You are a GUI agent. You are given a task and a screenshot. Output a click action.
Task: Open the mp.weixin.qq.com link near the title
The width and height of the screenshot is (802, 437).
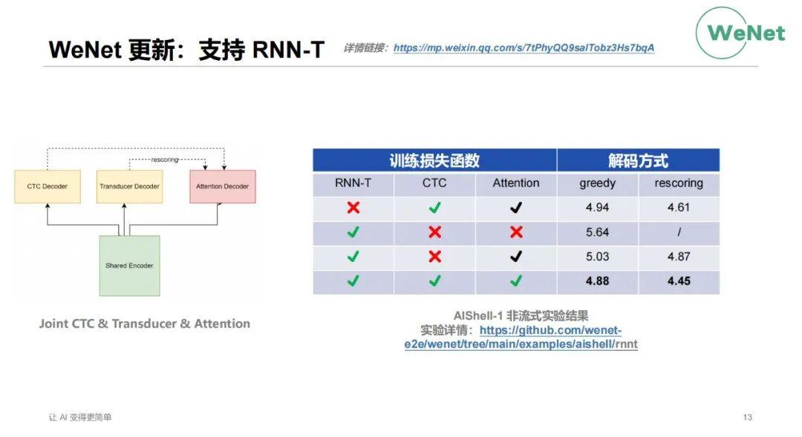pyautogui.click(x=524, y=48)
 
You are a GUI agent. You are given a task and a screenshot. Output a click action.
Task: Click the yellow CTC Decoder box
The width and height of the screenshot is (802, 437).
pyautogui.click(x=47, y=186)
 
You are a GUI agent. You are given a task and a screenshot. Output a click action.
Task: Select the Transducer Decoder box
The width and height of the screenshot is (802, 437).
pyautogui.click(x=129, y=186)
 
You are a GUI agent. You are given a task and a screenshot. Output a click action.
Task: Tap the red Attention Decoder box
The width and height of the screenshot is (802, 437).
pyautogui.click(x=222, y=186)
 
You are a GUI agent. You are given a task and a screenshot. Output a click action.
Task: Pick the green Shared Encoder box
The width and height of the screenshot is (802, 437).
pyautogui.click(x=129, y=265)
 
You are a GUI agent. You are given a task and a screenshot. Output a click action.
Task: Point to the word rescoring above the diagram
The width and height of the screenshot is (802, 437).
pyautogui.click(x=164, y=160)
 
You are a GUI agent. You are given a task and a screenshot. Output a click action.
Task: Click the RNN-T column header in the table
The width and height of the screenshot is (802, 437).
pyautogui.click(x=353, y=183)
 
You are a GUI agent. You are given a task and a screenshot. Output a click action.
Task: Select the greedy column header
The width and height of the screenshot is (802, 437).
pyautogui.click(x=597, y=183)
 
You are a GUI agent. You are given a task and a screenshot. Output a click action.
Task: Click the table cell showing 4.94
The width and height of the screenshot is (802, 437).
pyautogui.click(x=597, y=208)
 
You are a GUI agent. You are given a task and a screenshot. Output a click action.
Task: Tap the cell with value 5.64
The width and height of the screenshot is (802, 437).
pyautogui.click(x=597, y=232)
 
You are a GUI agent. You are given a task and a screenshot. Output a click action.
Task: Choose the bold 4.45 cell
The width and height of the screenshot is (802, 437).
pyautogui.click(x=679, y=281)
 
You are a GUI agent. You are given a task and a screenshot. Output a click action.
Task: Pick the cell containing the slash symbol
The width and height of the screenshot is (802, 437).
pyautogui.click(x=679, y=232)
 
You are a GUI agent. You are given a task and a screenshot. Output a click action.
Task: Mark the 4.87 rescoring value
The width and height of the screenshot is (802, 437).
pyautogui.click(x=679, y=257)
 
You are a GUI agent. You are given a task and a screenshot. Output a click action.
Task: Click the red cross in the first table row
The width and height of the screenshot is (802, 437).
pyautogui.click(x=353, y=208)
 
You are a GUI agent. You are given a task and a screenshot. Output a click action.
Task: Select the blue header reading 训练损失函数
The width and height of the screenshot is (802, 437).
pyautogui.click(x=434, y=160)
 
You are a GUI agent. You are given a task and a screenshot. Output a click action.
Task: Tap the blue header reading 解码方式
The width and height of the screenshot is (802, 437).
pyautogui.click(x=638, y=160)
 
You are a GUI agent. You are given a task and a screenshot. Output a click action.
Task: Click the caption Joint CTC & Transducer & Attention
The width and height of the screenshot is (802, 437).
pyautogui.click(x=145, y=323)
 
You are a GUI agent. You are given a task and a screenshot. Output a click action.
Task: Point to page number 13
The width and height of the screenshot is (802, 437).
pyautogui.click(x=747, y=417)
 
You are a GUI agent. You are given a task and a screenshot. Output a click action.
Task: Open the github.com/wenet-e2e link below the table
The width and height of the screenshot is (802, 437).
pyautogui.click(x=550, y=331)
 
